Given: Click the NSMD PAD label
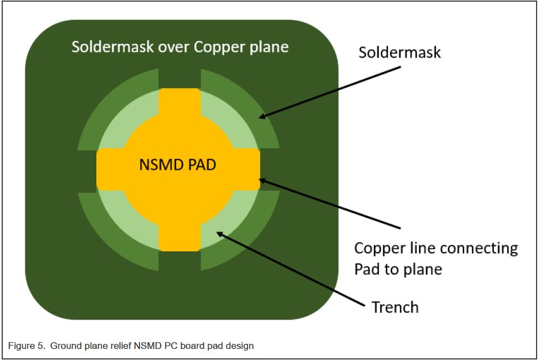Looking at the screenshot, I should [x=178, y=165].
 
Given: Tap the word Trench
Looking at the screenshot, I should [x=394, y=306].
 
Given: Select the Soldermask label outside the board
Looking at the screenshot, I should [x=399, y=52].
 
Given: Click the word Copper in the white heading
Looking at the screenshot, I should [x=219, y=47].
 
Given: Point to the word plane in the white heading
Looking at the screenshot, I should [x=269, y=47].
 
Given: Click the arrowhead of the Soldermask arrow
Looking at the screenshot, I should [x=262, y=117].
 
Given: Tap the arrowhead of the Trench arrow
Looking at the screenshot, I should [x=219, y=234].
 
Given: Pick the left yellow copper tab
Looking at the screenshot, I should [x=109, y=169].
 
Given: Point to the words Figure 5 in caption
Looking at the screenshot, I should [x=25, y=346].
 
